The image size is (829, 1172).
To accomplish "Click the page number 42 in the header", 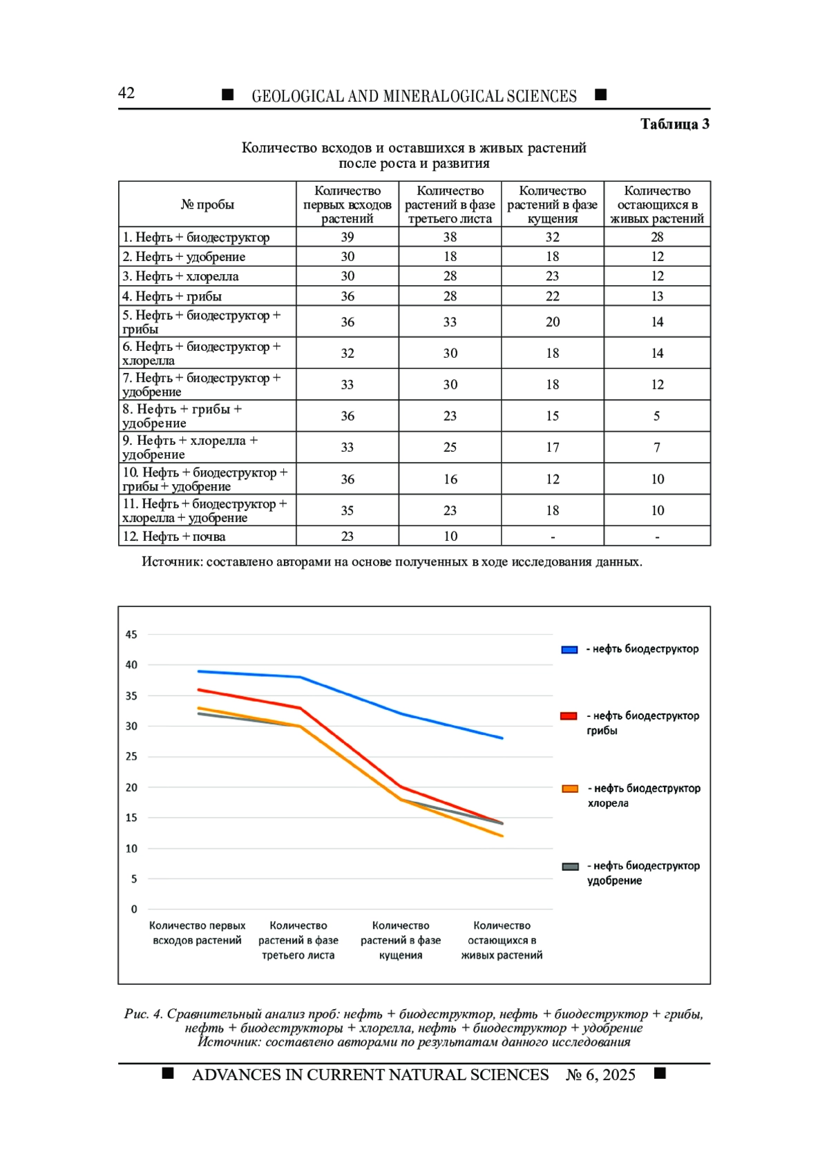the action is (126, 93).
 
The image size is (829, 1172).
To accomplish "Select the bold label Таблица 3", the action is (675, 124).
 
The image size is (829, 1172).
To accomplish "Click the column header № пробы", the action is (207, 204).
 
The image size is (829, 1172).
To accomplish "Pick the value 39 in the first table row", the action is (347, 237).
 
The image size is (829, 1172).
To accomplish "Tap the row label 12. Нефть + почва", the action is (174, 537).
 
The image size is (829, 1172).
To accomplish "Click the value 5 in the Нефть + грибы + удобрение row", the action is (657, 416).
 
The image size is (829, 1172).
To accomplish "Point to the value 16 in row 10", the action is (450, 479).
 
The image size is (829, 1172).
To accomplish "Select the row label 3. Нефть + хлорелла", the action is (180, 276).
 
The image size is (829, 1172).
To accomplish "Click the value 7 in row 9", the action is (657, 448).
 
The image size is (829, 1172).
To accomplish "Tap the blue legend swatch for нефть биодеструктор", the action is (569, 650).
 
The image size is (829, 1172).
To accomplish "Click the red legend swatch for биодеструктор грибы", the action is (569, 716).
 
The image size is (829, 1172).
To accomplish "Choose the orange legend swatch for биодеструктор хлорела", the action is (570, 789).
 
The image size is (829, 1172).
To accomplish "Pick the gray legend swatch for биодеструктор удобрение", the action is (570, 867).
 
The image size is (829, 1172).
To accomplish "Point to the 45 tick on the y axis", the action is (131, 635).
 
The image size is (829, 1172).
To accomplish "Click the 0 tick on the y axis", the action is (134, 910).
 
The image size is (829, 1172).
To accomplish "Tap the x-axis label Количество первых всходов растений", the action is (198, 933).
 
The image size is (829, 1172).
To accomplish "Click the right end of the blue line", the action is (502, 738).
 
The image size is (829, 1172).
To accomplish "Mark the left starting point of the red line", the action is (198, 690).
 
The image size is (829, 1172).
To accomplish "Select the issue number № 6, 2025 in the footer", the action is (601, 1075).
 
